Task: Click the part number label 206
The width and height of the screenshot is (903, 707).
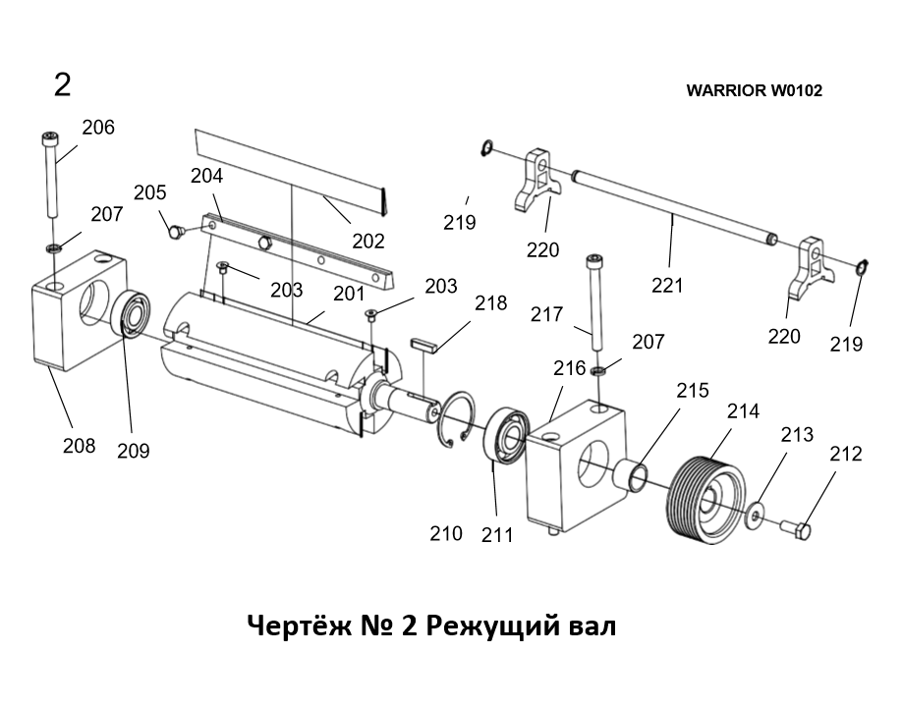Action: pyautogui.click(x=97, y=128)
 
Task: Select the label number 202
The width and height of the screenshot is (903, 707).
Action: pyautogui.click(x=367, y=241)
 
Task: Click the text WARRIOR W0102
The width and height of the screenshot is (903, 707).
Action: pyautogui.click(x=754, y=90)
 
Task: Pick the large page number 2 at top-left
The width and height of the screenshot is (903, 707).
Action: pyautogui.click(x=62, y=85)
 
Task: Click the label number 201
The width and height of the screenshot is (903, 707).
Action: pyautogui.click(x=348, y=294)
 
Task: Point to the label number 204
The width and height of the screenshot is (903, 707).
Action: pyautogui.click(x=207, y=177)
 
